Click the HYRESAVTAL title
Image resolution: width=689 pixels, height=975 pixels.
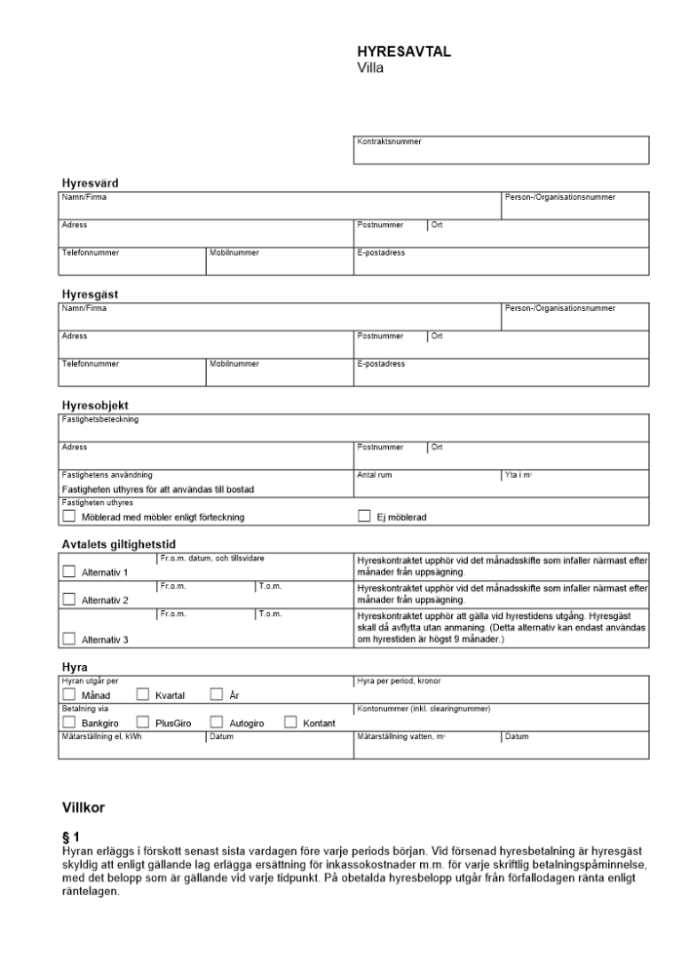pos(404,53)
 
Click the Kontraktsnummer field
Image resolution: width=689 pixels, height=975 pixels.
pos(502,150)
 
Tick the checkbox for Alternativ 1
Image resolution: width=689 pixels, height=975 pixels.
pos(69,572)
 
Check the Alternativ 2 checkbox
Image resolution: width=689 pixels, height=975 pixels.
pos(69,600)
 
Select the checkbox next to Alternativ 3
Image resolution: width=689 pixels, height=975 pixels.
pos(69,639)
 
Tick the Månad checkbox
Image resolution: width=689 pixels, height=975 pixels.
pos(69,695)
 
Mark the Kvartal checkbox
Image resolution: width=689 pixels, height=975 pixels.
pos(142,695)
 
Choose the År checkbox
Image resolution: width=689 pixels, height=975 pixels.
pos(216,695)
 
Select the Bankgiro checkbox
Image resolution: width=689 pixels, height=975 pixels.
pos(69,722)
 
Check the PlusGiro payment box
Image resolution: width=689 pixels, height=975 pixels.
pos(142,722)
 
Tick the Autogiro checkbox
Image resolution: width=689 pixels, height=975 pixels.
pos(216,722)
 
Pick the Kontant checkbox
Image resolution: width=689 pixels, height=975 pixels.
pos(290,722)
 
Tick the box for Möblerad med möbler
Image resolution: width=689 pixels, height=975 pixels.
pos(69,516)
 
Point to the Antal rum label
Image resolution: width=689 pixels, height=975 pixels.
pos(374,475)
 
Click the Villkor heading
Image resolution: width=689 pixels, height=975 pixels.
pos(83,807)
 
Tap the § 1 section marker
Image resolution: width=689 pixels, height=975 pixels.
pos(70,837)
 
